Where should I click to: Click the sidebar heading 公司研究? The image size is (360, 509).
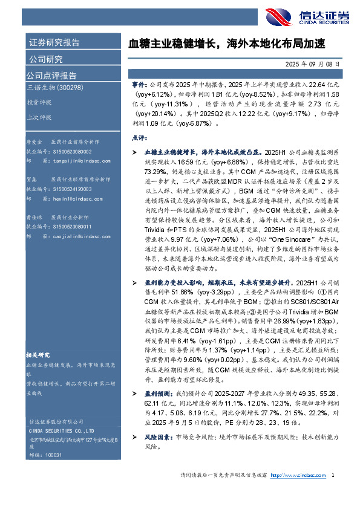click(x=46, y=59)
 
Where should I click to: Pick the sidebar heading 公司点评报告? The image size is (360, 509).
click(x=51, y=76)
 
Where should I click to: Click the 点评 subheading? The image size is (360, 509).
click(x=139, y=138)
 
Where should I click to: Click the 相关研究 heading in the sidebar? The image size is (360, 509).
click(x=40, y=355)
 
